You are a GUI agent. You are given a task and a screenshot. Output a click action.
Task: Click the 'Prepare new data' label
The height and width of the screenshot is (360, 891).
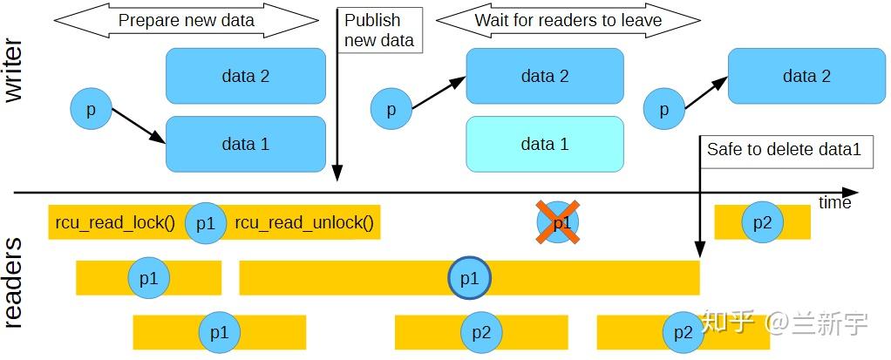point(187,21)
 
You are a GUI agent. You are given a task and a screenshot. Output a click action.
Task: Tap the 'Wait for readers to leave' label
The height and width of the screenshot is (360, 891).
point(568,21)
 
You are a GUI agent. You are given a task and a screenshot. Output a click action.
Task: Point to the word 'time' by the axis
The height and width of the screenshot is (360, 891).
point(834,202)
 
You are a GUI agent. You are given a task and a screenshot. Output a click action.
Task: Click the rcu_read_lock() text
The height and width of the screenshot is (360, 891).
point(115,223)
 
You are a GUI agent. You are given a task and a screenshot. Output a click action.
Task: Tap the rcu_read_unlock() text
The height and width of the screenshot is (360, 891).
point(304,223)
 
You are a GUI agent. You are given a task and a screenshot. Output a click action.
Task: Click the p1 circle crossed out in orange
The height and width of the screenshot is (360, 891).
point(557,222)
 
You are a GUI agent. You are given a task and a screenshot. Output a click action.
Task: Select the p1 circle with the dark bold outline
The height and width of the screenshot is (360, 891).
point(469,278)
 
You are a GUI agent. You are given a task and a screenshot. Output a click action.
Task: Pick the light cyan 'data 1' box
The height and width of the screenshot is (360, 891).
point(545,144)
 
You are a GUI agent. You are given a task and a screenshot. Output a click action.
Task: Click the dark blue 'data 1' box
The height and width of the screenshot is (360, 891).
point(245,144)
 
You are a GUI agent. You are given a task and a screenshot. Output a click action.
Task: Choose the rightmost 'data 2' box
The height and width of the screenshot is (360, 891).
point(806,76)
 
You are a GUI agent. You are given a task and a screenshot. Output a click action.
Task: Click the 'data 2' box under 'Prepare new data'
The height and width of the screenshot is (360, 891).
point(245,76)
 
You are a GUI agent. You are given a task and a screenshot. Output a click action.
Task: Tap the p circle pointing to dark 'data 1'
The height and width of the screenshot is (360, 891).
point(92,109)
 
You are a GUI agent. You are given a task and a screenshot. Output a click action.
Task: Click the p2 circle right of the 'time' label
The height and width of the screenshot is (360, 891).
point(763,222)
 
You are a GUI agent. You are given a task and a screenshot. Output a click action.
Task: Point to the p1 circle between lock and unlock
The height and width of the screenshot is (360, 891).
point(205,223)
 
